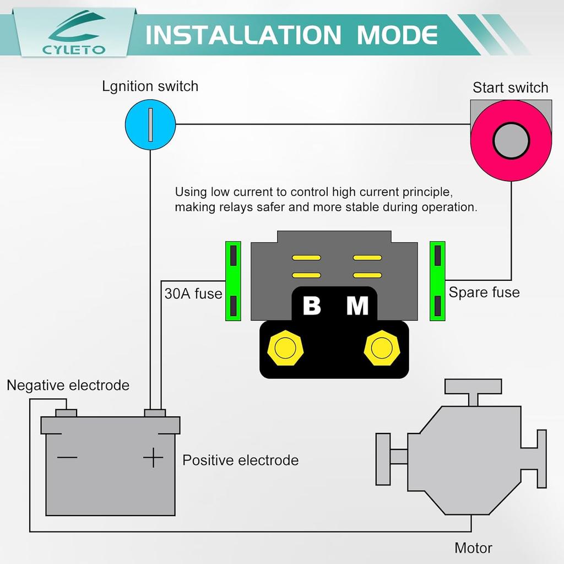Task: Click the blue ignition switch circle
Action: pyautogui.click(x=150, y=124)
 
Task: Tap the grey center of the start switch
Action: pyautogui.click(x=511, y=140)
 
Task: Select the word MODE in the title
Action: pyautogui.click(x=397, y=35)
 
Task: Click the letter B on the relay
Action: pyautogui.click(x=312, y=306)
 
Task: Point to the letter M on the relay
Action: pyautogui.click(x=357, y=306)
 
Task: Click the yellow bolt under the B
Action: pyautogui.click(x=285, y=348)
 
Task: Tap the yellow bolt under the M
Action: pyautogui.click(x=381, y=348)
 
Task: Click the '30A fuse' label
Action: pyautogui.click(x=193, y=294)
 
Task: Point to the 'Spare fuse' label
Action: pyautogui.click(x=484, y=292)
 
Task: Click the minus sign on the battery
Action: pyautogui.click(x=67, y=457)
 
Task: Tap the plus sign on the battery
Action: pyautogui.click(x=153, y=458)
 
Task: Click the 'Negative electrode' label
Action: pyautogui.click(x=68, y=385)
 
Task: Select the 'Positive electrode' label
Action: pyautogui.click(x=241, y=460)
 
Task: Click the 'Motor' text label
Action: pyautogui.click(x=473, y=548)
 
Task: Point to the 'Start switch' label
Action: pyautogui.click(x=511, y=88)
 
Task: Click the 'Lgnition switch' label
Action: pyautogui.click(x=150, y=86)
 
